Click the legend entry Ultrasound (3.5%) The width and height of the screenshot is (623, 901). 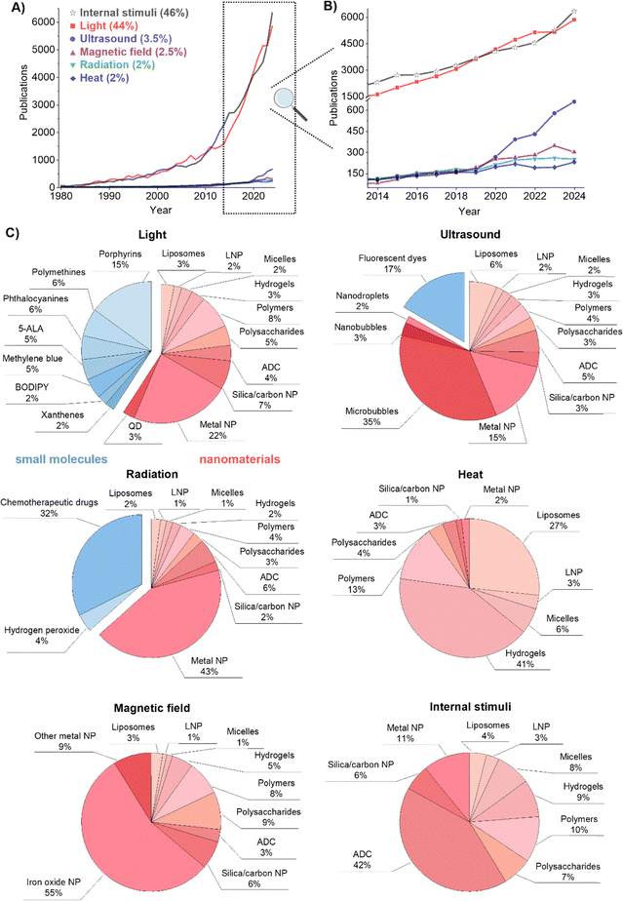(120, 38)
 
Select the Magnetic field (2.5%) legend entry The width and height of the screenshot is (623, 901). (128, 52)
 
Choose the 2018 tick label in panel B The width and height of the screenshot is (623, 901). (455, 196)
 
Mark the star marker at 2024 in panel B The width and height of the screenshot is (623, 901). (574, 12)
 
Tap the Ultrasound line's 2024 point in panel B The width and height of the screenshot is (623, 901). (574, 101)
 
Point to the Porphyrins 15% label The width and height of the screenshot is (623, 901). (120, 259)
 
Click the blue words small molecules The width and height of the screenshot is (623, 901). (61, 459)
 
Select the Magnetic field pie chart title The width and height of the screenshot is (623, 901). (152, 708)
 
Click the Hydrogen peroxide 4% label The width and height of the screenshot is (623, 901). (42, 636)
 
